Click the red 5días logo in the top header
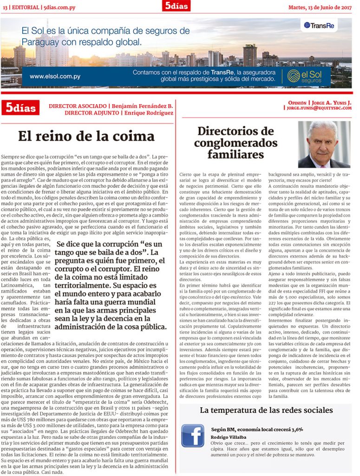(x=176, y=6)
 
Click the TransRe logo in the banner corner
(x=319, y=25)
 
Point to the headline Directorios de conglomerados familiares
(x=236, y=143)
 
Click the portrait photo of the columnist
(x=324, y=145)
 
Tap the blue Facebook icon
(x=193, y=436)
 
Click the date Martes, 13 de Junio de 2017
(x=320, y=6)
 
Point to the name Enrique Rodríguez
(x=148, y=112)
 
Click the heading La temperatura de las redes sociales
(x=266, y=410)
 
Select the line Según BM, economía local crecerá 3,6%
(x=257, y=430)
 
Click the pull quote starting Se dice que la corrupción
(x=111, y=285)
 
